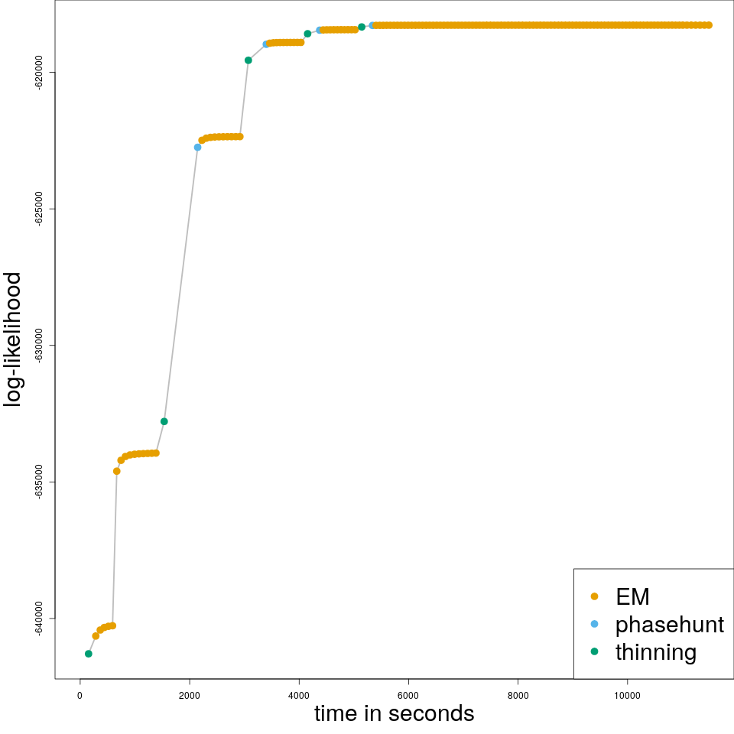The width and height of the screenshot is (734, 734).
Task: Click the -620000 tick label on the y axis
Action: click(x=39, y=72)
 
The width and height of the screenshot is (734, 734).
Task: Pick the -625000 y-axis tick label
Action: click(x=39, y=209)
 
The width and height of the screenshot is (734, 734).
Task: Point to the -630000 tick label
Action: click(x=39, y=345)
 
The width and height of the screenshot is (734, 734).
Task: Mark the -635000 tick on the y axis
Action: click(x=39, y=482)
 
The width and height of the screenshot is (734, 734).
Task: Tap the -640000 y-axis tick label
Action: click(x=39, y=618)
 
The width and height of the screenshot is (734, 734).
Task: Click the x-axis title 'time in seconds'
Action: click(x=394, y=714)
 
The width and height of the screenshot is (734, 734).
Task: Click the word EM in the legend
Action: click(x=632, y=596)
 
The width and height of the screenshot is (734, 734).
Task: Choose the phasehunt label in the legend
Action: click(x=669, y=625)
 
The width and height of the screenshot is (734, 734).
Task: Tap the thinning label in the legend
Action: click(x=655, y=652)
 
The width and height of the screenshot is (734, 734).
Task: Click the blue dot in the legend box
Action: click(x=594, y=624)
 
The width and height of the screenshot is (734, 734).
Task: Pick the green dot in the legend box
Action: click(x=594, y=651)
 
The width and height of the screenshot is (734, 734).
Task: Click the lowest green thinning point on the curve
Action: click(x=89, y=654)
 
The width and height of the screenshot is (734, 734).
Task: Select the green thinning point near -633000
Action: click(x=164, y=421)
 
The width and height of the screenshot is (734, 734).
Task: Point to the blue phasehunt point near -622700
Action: click(x=197, y=147)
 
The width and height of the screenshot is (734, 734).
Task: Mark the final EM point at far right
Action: click(x=709, y=25)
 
